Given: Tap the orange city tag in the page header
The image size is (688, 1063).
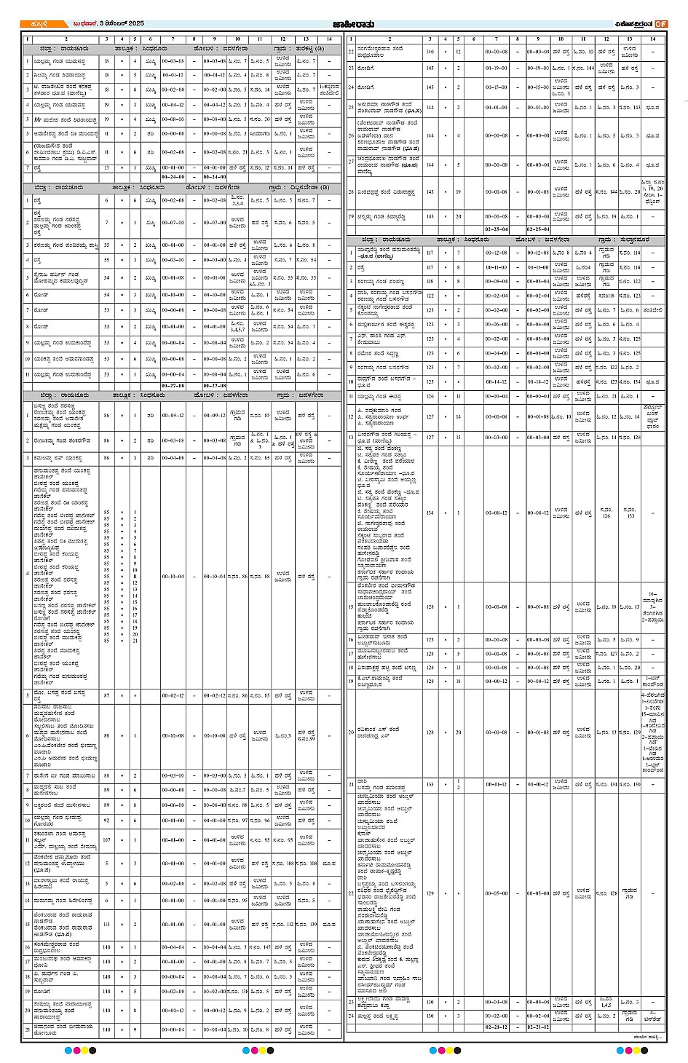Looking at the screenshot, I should pos(35,24).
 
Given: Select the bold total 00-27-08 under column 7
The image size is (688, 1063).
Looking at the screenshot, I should pos(173,386).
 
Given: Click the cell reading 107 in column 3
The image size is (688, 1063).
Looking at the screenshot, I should pos(106,839).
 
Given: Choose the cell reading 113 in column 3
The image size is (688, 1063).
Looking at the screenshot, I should pos(106,925).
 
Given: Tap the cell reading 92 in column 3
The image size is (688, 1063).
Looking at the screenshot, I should pos(106,821).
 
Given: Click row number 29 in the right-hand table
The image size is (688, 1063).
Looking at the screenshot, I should pos(351,216).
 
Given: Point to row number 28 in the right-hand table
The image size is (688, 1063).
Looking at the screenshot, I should pos(351,192).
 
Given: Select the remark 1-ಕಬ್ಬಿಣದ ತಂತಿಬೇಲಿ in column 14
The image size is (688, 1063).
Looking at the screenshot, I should pos(329,90).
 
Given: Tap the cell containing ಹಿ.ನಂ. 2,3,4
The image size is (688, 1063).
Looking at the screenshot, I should pos(237,200).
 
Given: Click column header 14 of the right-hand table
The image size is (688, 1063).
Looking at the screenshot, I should pos(652,39).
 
